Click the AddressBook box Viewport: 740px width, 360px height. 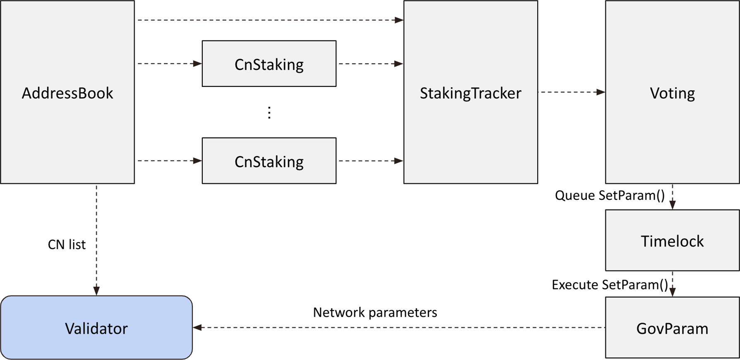tap(67, 92)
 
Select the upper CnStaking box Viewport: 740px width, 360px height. tap(269, 64)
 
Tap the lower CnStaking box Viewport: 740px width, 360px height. tap(269, 161)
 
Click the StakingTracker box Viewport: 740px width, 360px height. tap(471, 92)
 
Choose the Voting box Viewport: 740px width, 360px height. tap(672, 92)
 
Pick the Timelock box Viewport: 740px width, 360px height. tap(672, 240)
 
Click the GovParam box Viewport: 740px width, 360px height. tap(672, 328)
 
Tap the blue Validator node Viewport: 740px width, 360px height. tap(96, 328)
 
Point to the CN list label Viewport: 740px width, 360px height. tap(67, 245)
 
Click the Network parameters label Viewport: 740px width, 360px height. tap(375, 312)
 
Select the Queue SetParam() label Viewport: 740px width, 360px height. tap(610, 195)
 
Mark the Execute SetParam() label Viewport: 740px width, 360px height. tap(610, 285)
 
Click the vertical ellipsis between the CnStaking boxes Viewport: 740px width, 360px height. tap(269, 113)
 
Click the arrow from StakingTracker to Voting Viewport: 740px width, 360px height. tap(572, 92)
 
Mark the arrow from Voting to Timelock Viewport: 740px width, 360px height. tap(673, 197)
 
